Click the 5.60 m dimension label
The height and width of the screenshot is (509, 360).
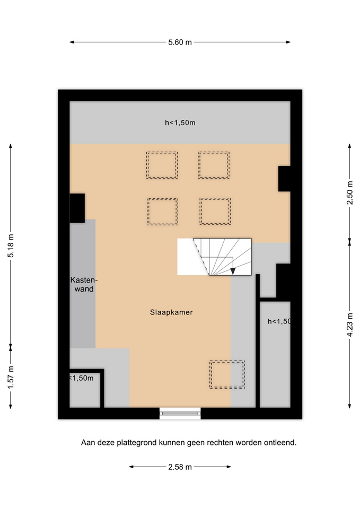[x=180, y=42]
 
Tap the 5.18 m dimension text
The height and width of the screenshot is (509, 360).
[x=11, y=245]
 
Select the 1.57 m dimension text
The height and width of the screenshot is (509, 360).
[x=11, y=377]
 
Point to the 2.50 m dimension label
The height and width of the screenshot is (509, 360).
[x=349, y=193]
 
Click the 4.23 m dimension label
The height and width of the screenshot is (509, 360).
[x=349, y=324]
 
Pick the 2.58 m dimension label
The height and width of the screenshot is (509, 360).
[x=180, y=467]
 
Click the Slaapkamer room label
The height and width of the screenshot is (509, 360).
[x=171, y=312]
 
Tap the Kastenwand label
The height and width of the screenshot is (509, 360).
[x=84, y=284]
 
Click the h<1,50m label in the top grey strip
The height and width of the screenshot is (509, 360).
[x=180, y=122]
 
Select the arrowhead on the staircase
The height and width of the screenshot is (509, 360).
[x=233, y=271]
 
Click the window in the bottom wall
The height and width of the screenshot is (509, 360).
[x=180, y=413]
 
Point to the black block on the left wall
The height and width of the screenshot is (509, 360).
[x=77, y=208]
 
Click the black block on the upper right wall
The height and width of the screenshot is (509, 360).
[x=284, y=179]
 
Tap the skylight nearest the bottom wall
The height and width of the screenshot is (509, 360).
[x=227, y=375]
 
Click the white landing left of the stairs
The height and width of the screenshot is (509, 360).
[x=188, y=257]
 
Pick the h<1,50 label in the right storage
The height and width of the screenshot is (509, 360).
[x=279, y=321]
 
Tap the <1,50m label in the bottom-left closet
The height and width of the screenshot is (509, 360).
[x=82, y=378]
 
